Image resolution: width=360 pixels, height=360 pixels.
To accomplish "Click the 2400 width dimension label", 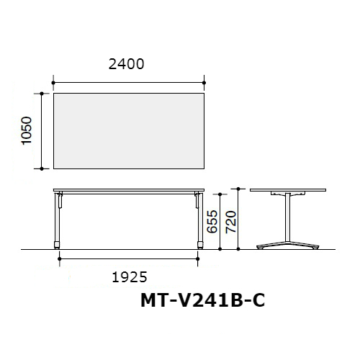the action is tap(126, 64).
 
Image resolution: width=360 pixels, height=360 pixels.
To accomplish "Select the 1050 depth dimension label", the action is tap(27, 130).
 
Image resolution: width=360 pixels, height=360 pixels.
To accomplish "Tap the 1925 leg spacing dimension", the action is tap(130, 277).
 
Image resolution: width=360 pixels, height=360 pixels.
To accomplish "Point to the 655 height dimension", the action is tap(212, 221).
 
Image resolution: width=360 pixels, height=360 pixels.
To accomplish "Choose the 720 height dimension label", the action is tap(231, 222).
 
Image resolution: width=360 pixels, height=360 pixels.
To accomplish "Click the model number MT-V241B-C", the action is tap(203, 300).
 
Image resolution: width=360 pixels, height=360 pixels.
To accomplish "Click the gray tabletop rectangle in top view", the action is tap(129, 131).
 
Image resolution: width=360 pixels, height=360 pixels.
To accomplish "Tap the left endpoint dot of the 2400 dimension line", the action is tap(53, 83).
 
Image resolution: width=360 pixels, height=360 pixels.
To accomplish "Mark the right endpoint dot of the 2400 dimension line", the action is tap(204, 83).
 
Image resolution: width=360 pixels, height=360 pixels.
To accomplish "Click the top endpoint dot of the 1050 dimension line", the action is tap(42, 94).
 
